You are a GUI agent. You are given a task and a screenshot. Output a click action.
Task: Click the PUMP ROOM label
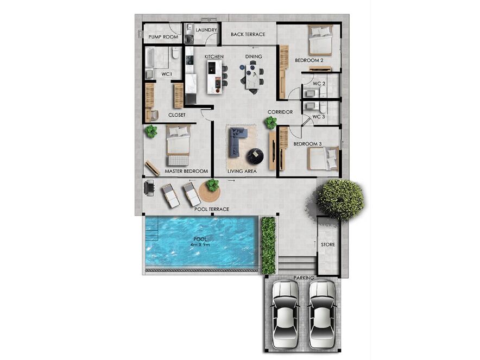(x=163, y=37)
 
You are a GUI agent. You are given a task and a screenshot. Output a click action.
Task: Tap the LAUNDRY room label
(x=206, y=30)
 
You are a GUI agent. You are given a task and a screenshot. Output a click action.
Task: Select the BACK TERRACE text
(x=248, y=34)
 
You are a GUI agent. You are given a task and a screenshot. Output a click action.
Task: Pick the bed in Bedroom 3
(x=323, y=158)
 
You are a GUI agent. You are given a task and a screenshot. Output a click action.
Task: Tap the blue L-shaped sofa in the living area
(x=237, y=141)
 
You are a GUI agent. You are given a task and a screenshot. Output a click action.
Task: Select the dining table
(x=253, y=77)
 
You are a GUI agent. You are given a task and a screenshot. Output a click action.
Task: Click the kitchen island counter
(x=214, y=77)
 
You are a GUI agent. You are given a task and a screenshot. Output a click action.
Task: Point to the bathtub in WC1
(x=149, y=58)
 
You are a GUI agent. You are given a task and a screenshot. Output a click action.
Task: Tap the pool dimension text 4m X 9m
(x=199, y=244)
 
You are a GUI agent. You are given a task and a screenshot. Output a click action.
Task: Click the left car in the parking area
(x=285, y=314)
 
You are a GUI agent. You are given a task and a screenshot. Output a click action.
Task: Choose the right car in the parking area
(x=322, y=314)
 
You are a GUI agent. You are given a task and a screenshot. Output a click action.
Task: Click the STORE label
(x=328, y=244)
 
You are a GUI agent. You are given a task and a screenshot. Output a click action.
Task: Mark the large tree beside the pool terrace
(x=340, y=199)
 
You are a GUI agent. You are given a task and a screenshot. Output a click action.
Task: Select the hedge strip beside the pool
(x=268, y=245)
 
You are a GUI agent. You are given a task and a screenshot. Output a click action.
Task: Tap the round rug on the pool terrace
(x=210, y=192)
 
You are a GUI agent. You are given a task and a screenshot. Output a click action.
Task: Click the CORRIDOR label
(x=280, y=112)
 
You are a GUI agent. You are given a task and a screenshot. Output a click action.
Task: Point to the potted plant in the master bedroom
(x=151, y=131)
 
